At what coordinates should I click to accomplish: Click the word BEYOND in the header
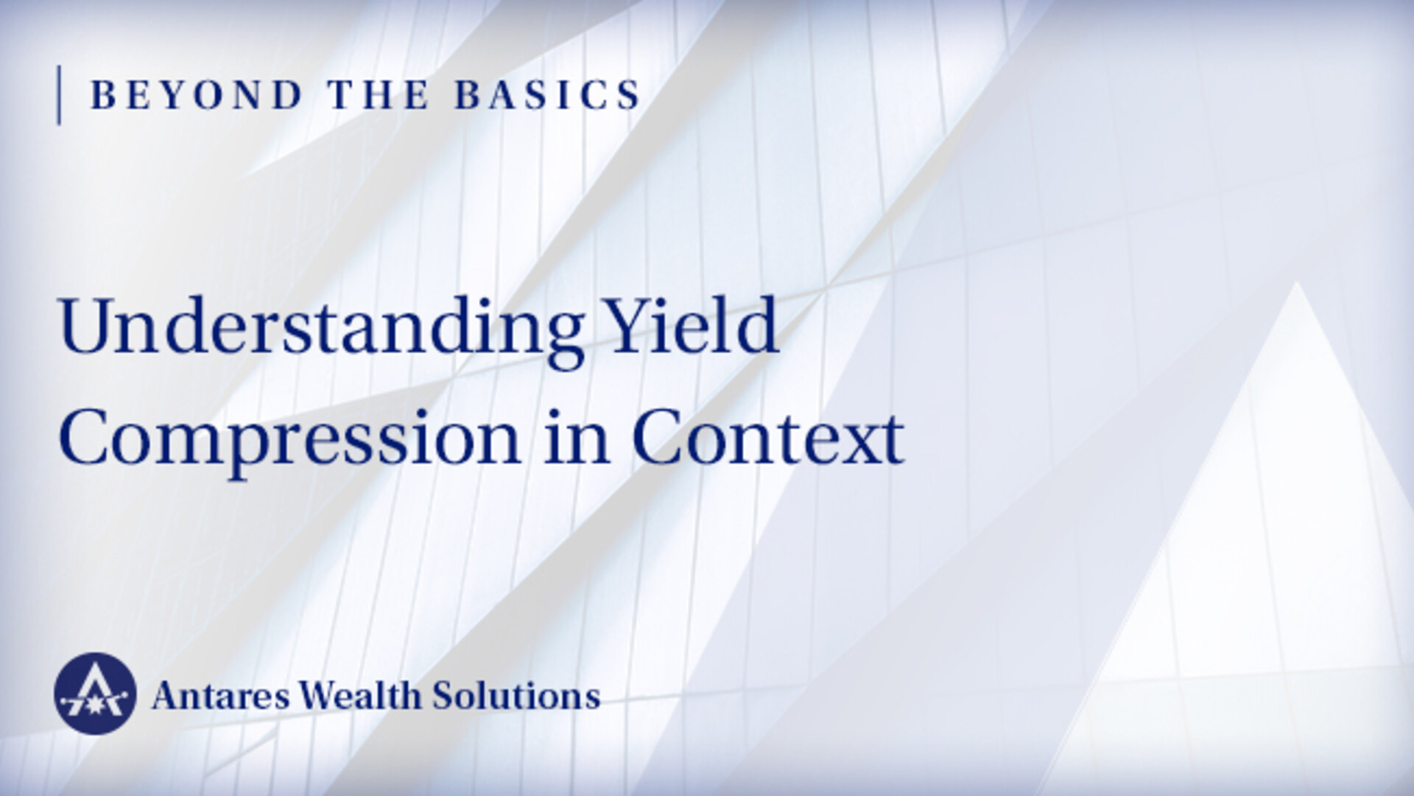click(x=197, y=95)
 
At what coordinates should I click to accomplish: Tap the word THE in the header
click(x=379, y=95)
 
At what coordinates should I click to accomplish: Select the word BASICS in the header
click(x=548, y=95)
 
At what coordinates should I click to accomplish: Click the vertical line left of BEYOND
click(x=59, y=95)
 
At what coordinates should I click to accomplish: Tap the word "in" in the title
click(x=577, y=438)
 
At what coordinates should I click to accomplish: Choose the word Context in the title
click(x=768, y=438)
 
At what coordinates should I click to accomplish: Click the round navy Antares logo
click(x=95, y=694)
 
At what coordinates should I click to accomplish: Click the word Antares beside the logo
click(x=220, y=696)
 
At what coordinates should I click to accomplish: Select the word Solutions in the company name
click(x=516, y=695)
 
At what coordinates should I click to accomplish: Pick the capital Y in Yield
click(x=633, y=325)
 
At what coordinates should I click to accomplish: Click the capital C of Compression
click(x=85, y=438)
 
